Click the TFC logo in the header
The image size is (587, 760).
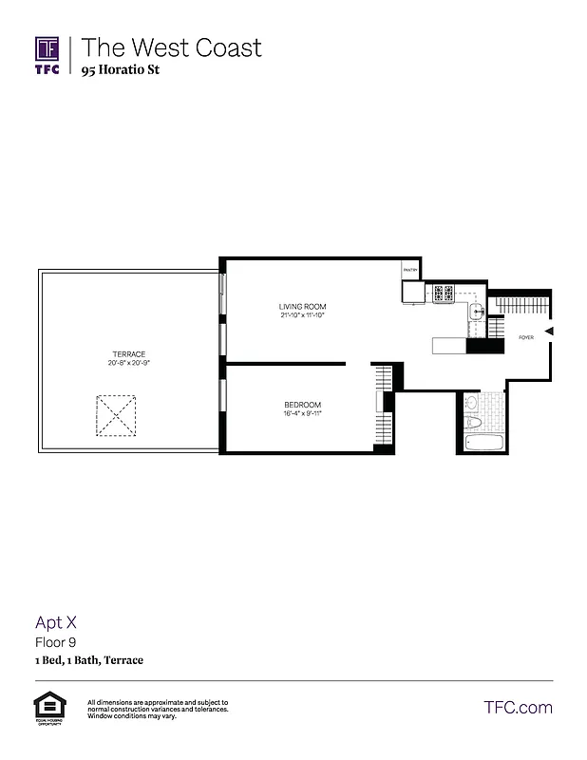(47, 55)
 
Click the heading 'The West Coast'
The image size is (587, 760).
(171, 47)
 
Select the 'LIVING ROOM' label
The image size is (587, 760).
(302, 306)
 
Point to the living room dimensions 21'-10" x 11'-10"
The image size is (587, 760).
(302, 314)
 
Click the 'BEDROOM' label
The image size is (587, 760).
(302, 405)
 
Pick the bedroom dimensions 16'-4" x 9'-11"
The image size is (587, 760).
(302, 413)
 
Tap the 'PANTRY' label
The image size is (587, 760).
(410, 271)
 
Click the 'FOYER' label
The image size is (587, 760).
(525, 337)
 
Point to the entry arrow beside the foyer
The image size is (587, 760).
(549, 331)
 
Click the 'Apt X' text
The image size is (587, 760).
(56, 623)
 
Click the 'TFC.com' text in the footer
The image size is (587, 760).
(518, 708)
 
